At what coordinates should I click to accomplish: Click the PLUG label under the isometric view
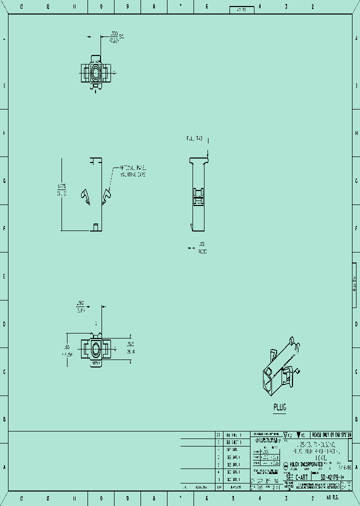tap(279, 407)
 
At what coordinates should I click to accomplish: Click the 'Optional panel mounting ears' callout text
tap(132, 171)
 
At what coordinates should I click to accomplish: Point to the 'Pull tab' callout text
tap(194, 137)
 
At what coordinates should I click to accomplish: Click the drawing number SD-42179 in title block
tap(336, 477)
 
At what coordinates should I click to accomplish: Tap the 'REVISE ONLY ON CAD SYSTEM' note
tap(331, 434)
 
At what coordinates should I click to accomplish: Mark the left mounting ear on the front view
tap(86, 196)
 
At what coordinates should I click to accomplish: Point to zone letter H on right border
tap(356, 133)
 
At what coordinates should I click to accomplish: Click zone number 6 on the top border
tap(206, 7)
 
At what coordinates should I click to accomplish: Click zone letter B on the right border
tap(356, 419)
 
